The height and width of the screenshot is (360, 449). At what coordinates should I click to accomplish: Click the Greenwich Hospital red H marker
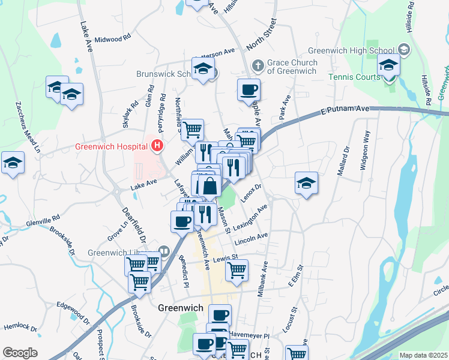coord(157,145)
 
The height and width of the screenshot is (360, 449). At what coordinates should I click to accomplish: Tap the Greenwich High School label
coord(352,51)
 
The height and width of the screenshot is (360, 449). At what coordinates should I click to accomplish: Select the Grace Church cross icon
coord(258,64)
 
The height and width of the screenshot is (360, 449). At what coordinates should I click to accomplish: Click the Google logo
coord(20,353)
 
